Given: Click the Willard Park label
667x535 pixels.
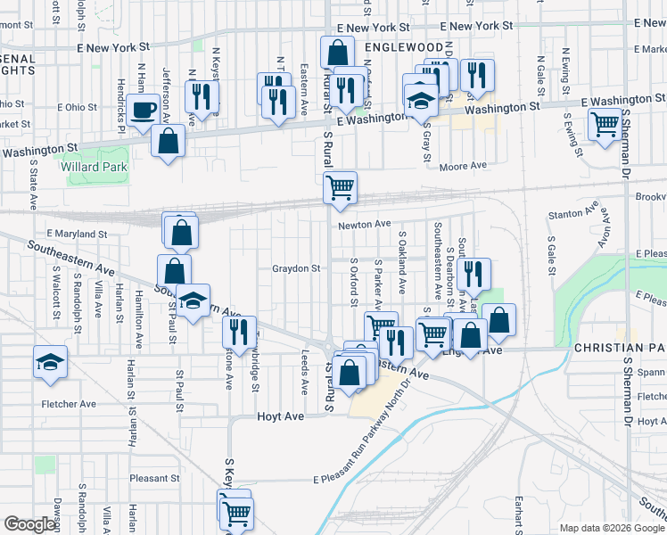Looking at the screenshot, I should [94, 167].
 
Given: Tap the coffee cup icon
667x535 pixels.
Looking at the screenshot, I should [143, 111].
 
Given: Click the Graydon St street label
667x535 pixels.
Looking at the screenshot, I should [296, 268].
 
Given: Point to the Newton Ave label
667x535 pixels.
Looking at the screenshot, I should [365, 224].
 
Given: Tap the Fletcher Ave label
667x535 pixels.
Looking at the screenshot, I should [69, 404].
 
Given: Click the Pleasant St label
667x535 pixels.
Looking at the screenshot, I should [154, 478].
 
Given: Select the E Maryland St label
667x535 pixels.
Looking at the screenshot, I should [77, 234].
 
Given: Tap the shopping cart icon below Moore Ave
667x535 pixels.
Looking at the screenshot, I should [340, 187].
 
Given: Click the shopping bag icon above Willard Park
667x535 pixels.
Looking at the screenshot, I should [168, 140].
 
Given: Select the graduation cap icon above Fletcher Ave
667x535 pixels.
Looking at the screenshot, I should [50, 361].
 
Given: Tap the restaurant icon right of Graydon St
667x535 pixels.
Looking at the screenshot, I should [473, 274].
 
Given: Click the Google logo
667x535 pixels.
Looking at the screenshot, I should [29, 524].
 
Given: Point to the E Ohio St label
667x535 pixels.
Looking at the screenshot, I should [77, 107].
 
